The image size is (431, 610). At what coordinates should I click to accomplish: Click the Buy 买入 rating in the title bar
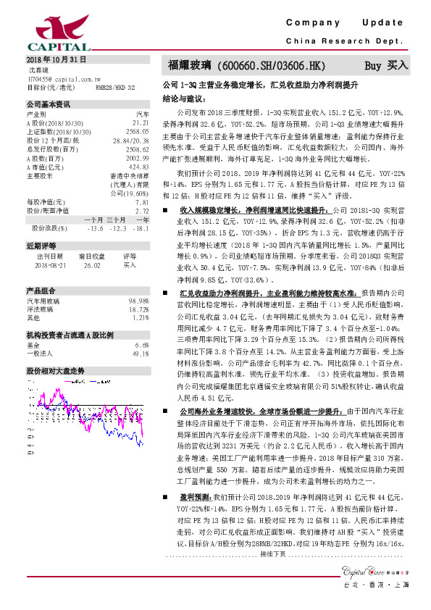[x=386, y=64]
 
